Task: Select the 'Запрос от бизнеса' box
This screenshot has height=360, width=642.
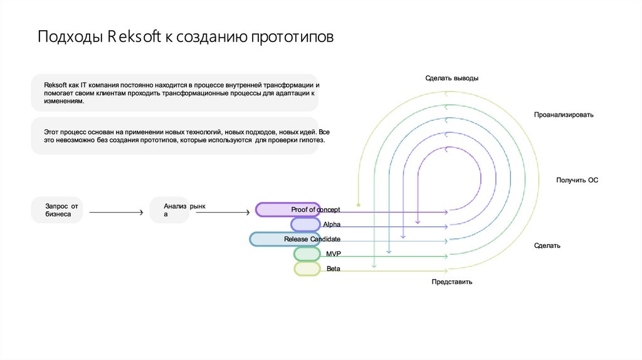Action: (x=57, y=210)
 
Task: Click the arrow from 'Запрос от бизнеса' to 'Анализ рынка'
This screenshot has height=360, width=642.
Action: (x=116, y=213)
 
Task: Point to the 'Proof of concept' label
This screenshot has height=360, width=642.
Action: (x=315, y=209)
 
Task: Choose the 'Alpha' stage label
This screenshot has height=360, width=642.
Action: (x=331, y=224)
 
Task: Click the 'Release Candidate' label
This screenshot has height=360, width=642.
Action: (x=312, y=239)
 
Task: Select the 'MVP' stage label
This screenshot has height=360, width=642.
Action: (x=334, y=253)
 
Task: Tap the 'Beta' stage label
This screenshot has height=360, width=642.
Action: (x=334, y=268)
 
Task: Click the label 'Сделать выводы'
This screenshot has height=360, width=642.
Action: (x=451, y=78)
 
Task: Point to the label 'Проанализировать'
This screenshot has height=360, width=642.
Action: (x=564, y=115)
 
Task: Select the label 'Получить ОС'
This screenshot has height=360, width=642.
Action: (x=577, y=180)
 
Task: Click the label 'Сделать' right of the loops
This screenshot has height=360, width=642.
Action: (x=547, y=245)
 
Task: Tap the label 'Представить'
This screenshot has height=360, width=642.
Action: (x=451, y=282)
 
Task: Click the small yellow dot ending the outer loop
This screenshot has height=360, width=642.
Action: (x=358, y=204)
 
